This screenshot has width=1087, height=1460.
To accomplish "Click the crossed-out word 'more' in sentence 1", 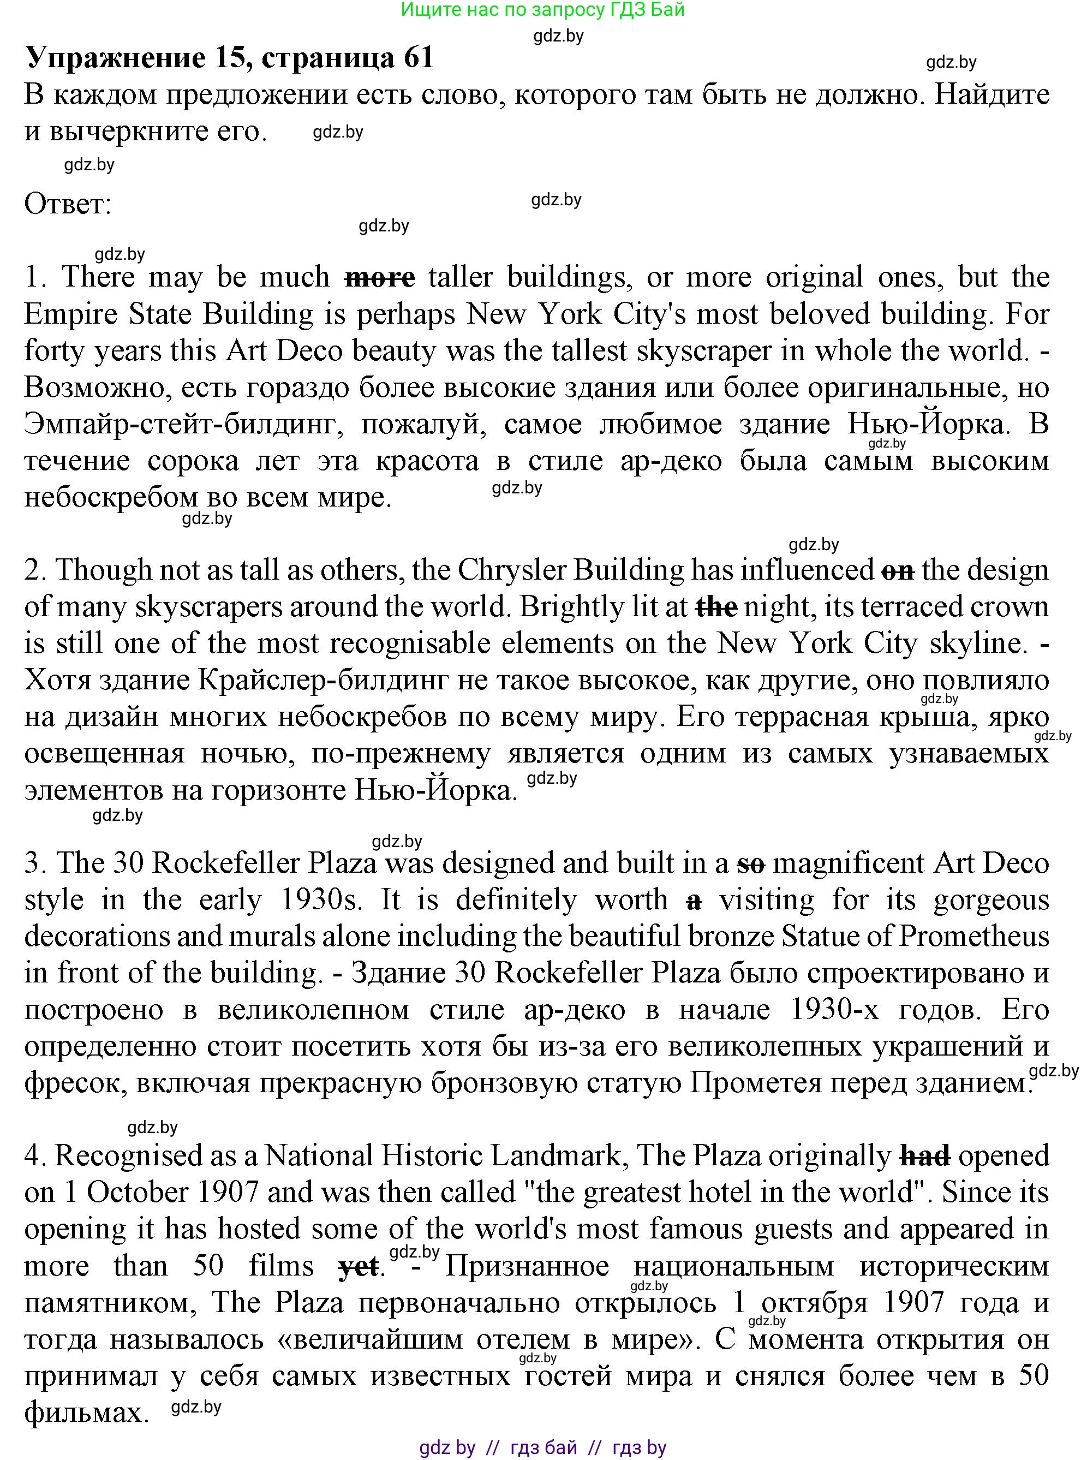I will [x=380, y=278].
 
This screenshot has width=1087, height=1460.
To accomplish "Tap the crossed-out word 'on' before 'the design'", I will [x=898, y=570].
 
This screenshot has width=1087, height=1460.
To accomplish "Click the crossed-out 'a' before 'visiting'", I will [x=694, y=901].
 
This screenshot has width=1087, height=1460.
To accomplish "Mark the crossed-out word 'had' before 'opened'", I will [x=924, y=1156].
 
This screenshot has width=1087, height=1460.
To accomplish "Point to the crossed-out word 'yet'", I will [x=358, y=1267].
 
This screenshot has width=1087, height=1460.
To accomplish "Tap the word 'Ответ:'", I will [x=68, y=205].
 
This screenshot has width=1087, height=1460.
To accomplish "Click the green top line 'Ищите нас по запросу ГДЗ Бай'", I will [x=543, y=9].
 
